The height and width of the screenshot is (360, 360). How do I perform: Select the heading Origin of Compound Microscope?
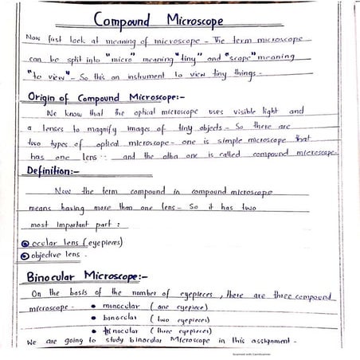99,97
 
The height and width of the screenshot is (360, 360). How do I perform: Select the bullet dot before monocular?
93,306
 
